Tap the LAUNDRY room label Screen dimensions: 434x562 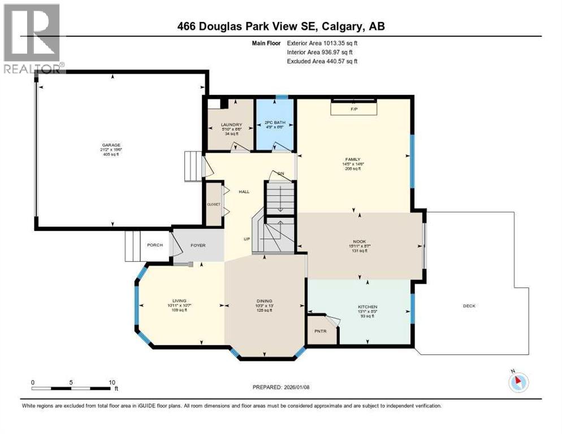click(x=231, y=125)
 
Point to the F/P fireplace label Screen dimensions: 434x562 click(x=354, y=108)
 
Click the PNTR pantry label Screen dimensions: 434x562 click(x=321, y=331)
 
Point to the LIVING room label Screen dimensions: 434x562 click(x=179, y=301)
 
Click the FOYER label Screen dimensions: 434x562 click(x=197, y=245)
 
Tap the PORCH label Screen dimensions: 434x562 click(x=155, y=245)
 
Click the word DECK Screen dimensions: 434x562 click(x=469, y=306)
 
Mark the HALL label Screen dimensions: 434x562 click(x=244, y=192)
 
